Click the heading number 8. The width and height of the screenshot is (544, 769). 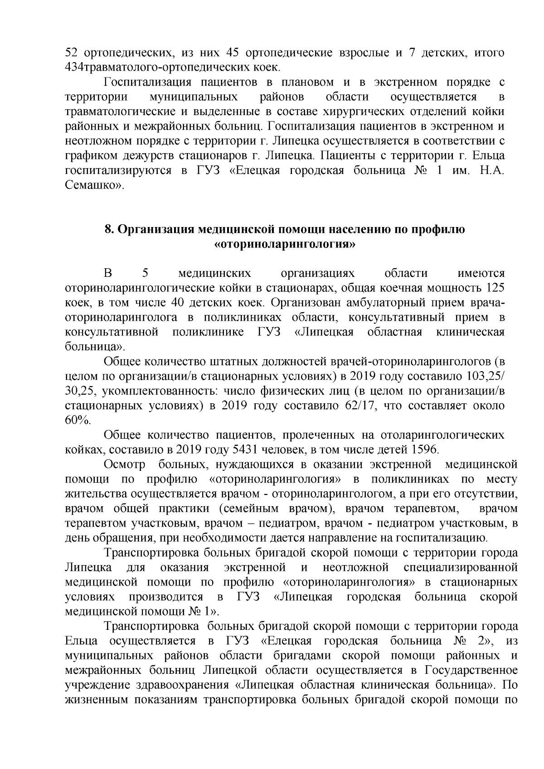tap(108, 230)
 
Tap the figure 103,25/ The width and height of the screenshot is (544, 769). tap(487, 377)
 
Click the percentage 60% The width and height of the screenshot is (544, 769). tap(78, 420)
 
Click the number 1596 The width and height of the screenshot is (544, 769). tap(424, 450)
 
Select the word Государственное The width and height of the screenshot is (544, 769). tap(471, 670)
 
